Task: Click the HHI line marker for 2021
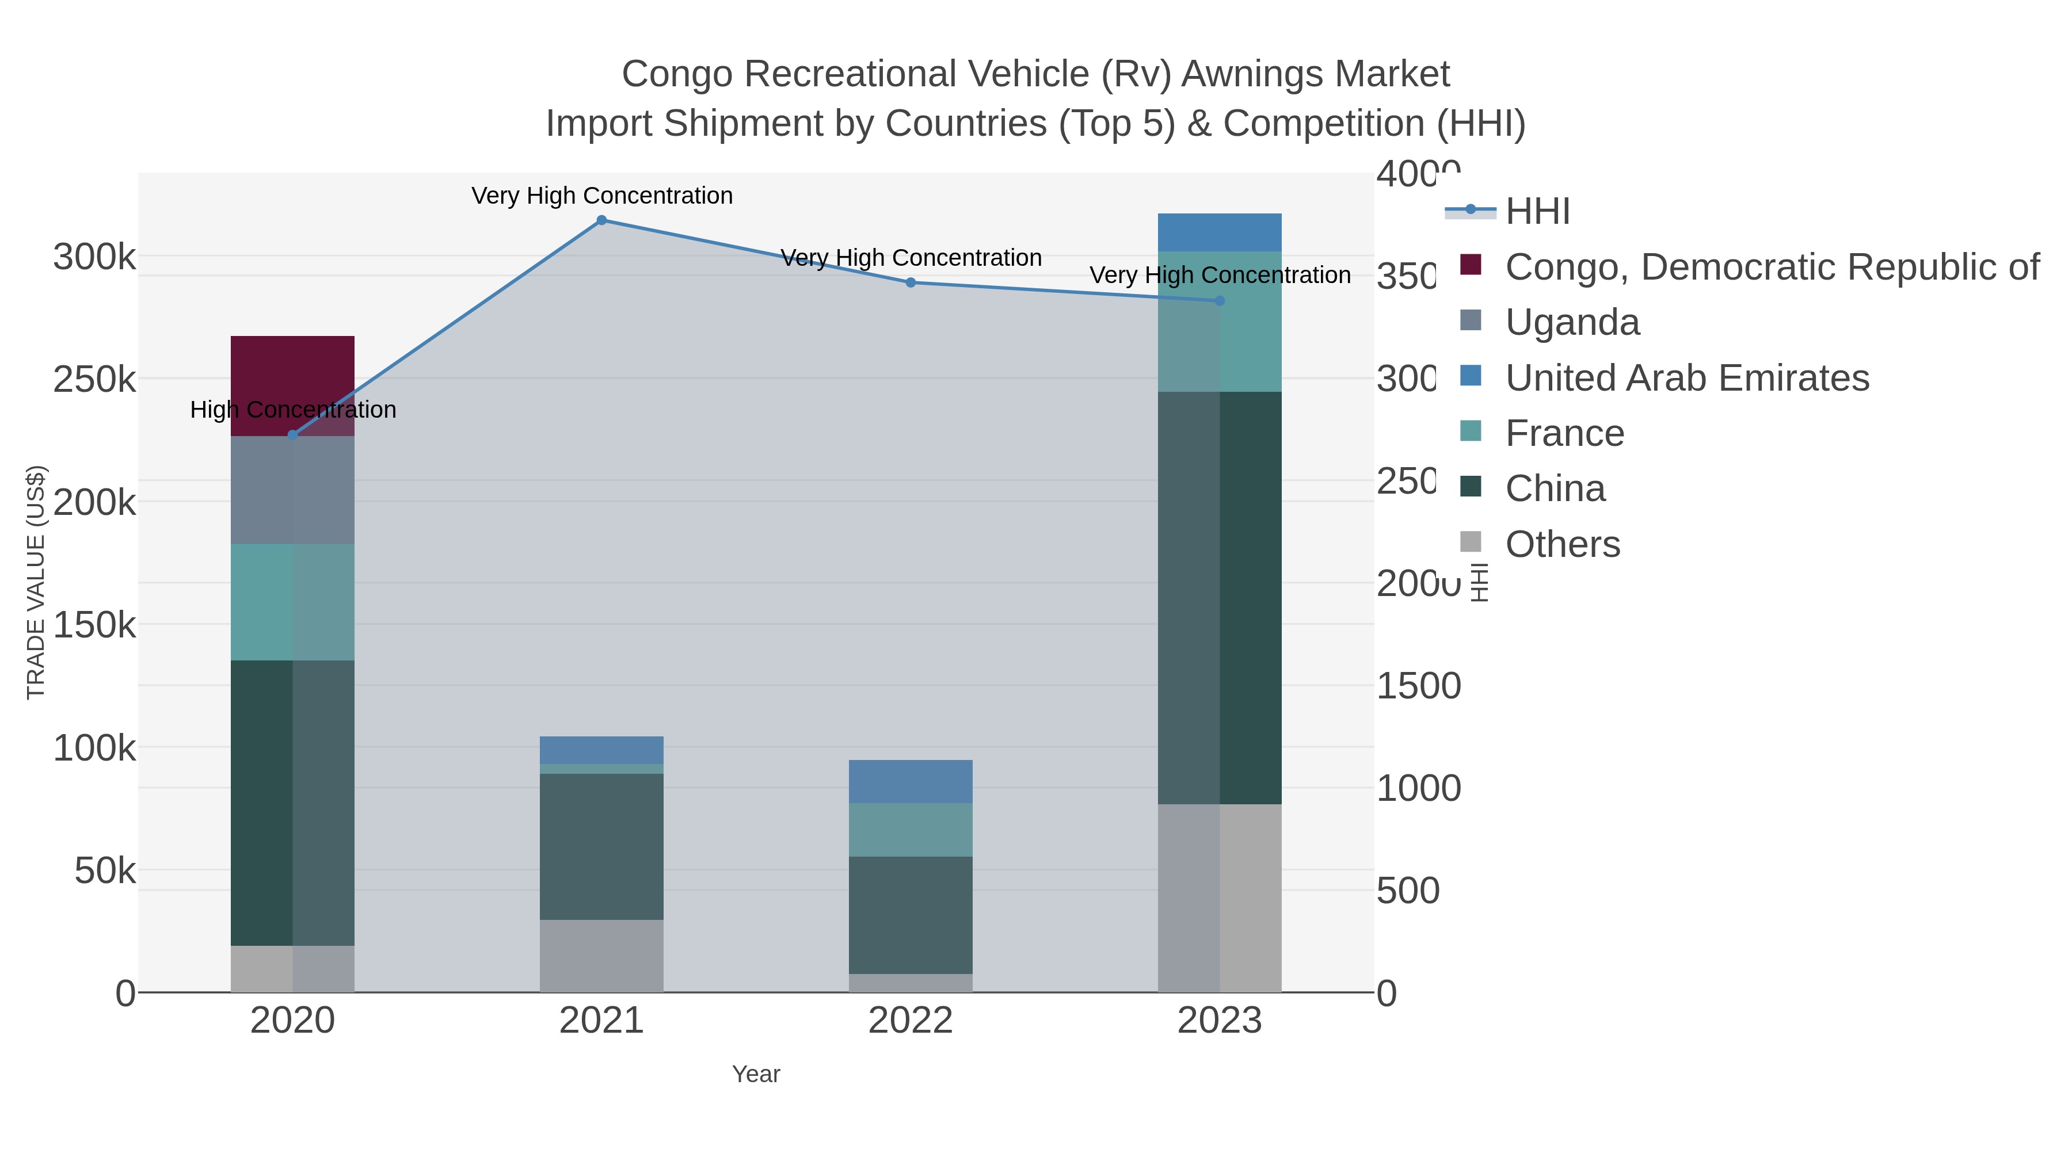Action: (601, 220)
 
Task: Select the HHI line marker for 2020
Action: (293, 435)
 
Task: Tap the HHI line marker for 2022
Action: (911, 282)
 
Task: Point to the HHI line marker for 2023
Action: (1220, 301)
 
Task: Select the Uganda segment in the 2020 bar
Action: (293, 490)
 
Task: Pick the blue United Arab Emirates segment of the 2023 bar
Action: (1220, 232)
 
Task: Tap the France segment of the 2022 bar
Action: (911, 829)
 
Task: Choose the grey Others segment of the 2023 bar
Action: (1220, 897)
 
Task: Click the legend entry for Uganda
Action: (1572, 322)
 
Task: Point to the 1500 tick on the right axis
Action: (1418, 686)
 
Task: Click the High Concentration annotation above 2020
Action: (293, 410)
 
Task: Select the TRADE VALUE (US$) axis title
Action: (36, 582)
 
